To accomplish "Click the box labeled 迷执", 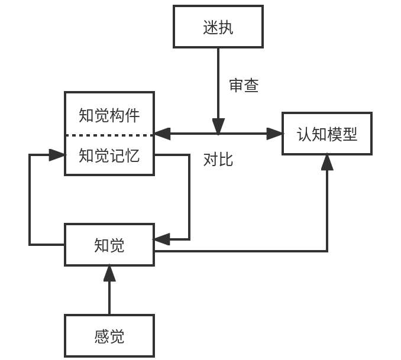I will (218, 27).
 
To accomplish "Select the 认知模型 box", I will (326, 134).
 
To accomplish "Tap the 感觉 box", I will (109, 336).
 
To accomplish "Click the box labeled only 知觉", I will (109, 245).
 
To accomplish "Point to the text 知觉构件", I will (109, 115).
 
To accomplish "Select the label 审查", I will (244, 86).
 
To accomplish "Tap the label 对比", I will (218, 159).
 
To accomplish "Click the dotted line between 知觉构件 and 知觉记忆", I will (109, 135).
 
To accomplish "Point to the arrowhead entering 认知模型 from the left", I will (276, 134).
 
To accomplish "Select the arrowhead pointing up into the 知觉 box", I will (109, 273).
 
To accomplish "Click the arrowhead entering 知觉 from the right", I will (161, 239).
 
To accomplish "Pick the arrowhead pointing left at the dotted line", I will (161, 134).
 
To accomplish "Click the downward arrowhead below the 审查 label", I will (218, 127).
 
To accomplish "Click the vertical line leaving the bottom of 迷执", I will (218, 77).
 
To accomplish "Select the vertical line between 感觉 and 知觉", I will (109, 299).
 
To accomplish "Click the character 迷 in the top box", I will (210, 27).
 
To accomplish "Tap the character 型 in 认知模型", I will (350, 134).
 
